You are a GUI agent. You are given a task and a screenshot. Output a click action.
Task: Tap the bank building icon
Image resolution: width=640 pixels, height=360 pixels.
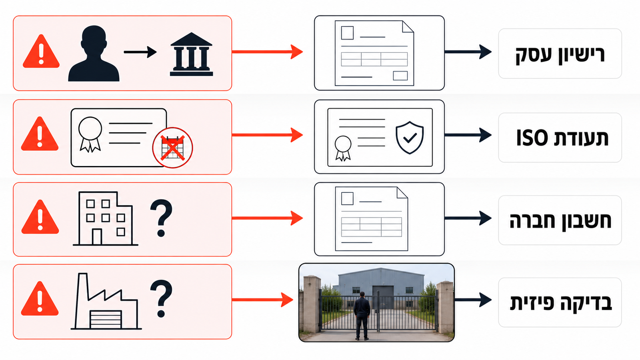click(x=192, y=54)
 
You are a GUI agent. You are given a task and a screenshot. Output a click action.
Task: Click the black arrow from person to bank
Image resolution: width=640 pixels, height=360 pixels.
click(x=140, y=52)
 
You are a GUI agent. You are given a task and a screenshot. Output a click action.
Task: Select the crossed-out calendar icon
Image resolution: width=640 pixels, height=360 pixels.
click(x=172, y=148)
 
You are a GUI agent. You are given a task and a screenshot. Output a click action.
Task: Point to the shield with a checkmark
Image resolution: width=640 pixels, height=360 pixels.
click(x=410, y=138)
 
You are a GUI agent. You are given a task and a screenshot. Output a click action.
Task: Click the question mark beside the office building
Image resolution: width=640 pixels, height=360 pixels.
click(x=162, y=218)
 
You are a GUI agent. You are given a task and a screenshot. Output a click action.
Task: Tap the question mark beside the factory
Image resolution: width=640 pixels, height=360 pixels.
click(x=162, y=298)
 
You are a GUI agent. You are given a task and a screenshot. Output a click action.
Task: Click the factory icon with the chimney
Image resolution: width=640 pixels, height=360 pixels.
click(x=106, y=302)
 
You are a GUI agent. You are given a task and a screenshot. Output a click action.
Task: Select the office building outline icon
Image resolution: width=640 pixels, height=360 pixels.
click(x=106, y=218)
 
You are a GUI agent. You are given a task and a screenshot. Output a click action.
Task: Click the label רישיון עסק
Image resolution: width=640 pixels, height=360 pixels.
click(x=560, y=54)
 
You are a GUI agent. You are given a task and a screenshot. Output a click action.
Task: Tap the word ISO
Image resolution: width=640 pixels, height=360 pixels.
click(x=532, y=138)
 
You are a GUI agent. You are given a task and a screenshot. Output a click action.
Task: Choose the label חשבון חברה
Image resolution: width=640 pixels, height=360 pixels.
click(x=560, y=220)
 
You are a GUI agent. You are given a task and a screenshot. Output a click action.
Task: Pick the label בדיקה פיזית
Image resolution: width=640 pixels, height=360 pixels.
click(x=560, y=302)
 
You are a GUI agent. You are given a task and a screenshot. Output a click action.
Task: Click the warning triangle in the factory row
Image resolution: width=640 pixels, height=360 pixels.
click(x=40, y=298)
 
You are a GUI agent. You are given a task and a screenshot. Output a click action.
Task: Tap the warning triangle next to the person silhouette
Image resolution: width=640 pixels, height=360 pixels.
click(x=41, y=52)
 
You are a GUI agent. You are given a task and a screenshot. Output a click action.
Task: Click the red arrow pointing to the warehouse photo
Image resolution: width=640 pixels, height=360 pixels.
click(x=262, y=300)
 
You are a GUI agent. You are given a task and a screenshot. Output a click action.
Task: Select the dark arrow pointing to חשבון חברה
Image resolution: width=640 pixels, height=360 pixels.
click(x=468, y=218)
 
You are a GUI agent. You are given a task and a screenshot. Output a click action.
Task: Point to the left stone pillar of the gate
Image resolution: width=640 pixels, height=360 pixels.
click(x=312, y=304)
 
